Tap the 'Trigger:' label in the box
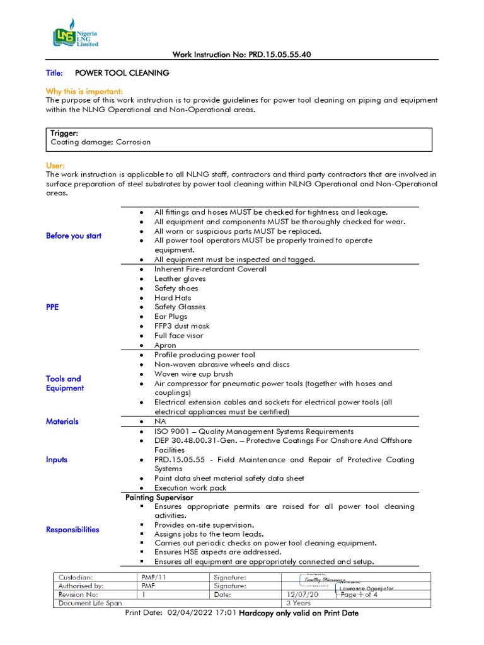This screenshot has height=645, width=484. pos(64,134)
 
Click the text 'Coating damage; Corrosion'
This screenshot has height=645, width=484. pos(101,142)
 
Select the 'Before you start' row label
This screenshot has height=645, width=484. pos(74,236)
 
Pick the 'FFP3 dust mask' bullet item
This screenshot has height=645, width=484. pos(182,326)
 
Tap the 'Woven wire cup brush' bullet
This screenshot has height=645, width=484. pos(193,374)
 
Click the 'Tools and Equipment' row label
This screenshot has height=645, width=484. pos(64,384)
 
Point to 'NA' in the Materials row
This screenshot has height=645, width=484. pos(160,421)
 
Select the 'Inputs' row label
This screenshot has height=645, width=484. pos(57,460)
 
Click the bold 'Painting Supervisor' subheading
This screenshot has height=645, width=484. pos(159,498)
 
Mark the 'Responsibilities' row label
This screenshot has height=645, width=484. pos(72,530)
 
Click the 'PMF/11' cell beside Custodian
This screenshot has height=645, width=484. pos(154,577)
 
